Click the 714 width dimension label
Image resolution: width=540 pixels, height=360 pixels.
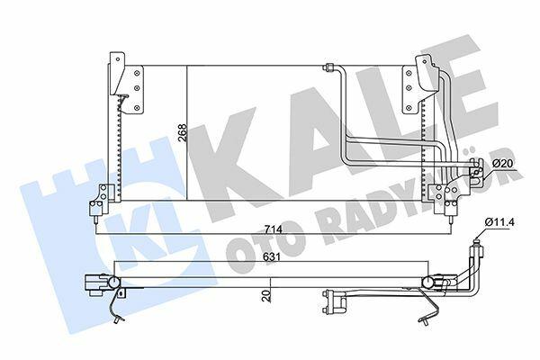(273, 229)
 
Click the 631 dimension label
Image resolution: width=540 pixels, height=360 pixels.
(271, 257)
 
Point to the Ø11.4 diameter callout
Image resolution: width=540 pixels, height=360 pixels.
(499, 222)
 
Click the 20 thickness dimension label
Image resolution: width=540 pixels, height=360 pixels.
(265, 296)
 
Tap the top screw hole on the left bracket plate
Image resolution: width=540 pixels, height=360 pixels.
(138, 73)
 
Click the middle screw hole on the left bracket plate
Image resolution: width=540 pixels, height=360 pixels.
(138, 88)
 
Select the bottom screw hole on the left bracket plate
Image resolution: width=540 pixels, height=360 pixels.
(138, 108)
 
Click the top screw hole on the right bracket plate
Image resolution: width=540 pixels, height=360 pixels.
(409, 73)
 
